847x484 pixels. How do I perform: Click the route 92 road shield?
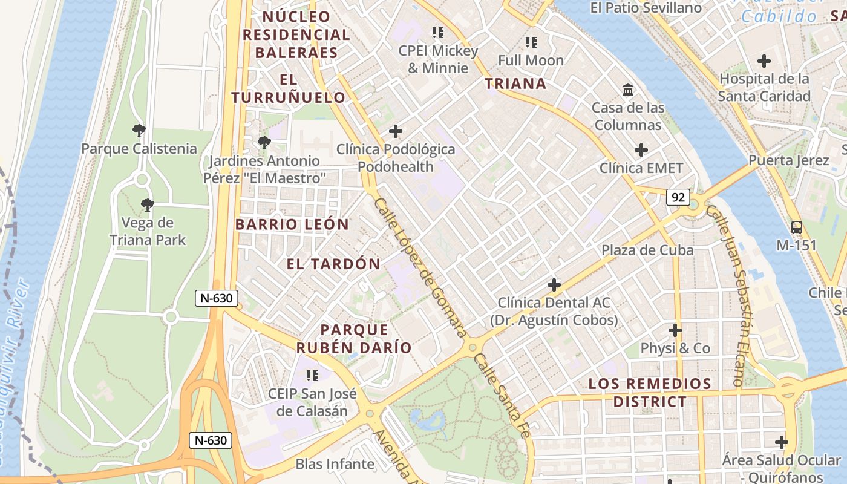click(678, 197)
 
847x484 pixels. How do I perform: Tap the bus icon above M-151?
click(797, 227)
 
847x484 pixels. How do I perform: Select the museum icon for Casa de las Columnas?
click(628, 90)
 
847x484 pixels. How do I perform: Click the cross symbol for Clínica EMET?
click(641, 150)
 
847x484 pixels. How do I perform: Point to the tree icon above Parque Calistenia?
click(139, 130)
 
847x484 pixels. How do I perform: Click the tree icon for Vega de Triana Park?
click(147, 205)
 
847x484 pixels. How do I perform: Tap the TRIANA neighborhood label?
click(516, 83)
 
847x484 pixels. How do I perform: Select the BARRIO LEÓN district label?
click(292, 224)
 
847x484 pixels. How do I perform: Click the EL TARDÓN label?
click(333, 264)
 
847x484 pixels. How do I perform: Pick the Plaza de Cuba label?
click(647, 250)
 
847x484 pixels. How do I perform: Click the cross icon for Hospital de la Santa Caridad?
click(764, 61)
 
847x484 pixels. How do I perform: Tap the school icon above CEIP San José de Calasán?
click(312, 376)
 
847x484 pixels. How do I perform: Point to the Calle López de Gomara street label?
click(420, 268)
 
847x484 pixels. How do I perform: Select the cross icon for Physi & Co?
click(675, 330)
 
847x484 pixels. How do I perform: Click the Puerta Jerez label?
click(788, 160)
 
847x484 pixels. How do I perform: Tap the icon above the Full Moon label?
click(531, 42)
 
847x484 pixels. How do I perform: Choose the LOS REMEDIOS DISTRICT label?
click(650, 393)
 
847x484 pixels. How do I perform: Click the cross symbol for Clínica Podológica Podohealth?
click(396, 131)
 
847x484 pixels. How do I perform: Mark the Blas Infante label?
click(335, 464)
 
